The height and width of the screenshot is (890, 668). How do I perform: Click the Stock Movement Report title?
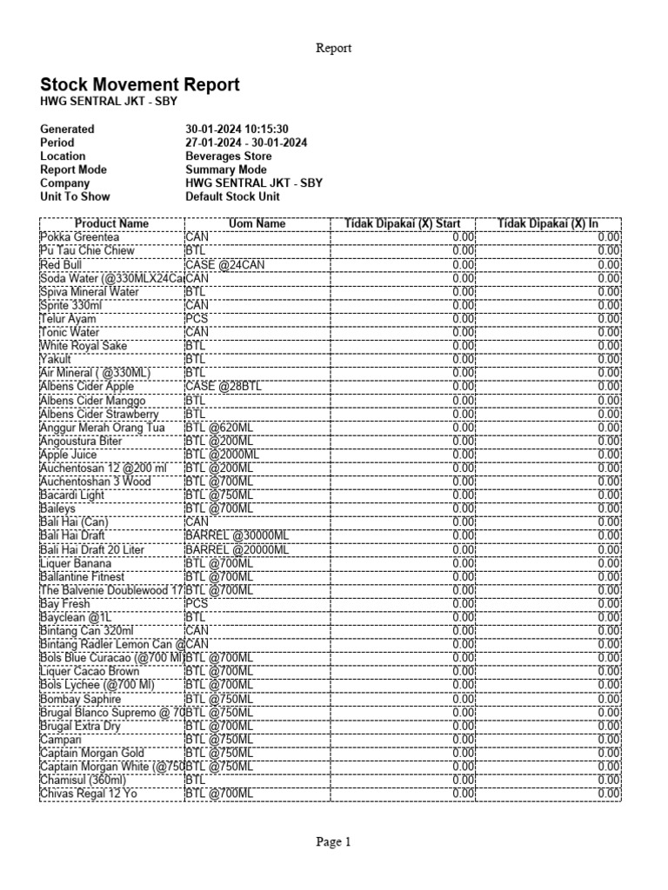click(x=140, y=85)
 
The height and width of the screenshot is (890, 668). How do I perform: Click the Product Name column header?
click(x=111, y=223)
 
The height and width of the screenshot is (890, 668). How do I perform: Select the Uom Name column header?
click(x=257, y=223)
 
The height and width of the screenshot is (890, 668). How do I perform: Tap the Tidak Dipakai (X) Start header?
click(x=403, y=223)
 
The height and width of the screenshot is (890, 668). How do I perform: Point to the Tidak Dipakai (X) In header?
click(x=548, y=223)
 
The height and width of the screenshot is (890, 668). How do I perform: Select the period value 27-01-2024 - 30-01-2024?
click(x=246, y=143)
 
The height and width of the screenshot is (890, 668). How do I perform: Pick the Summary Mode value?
click(x=226, y=169)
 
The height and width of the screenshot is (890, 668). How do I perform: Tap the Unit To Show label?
click(x=75, y=196)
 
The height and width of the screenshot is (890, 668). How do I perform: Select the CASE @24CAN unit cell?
click(x=224, y=264)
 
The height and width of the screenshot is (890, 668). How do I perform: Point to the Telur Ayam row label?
click(x=68, y=319)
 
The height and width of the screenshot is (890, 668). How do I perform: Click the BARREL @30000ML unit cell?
click(x=237, y=536)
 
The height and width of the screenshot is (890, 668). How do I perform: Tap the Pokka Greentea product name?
click(x=79, y=237)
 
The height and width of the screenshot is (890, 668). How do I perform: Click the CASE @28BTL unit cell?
click(x=223, y=387)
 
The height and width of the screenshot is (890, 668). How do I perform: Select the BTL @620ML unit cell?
click(x=219, y=428)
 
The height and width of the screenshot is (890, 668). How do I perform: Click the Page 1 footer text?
click(x=334, y=841)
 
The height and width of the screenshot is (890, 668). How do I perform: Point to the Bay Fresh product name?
click(x=64, y=604)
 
